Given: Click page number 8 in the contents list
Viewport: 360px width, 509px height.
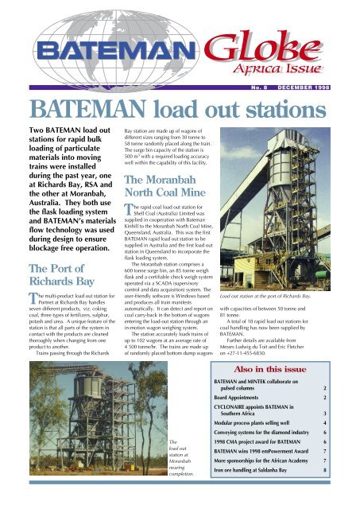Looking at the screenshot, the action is (x=347, y=492).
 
